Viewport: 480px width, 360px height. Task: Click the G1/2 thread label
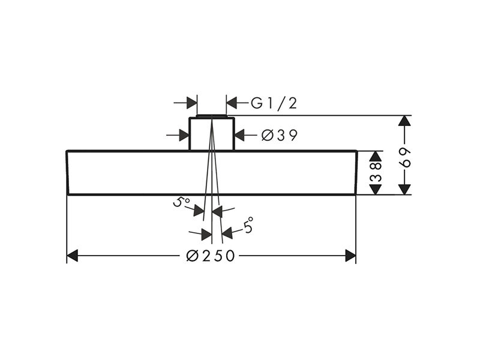coord(274,103)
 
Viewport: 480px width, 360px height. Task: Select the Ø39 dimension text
coord(279,136)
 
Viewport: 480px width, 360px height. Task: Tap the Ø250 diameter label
coord(211,256)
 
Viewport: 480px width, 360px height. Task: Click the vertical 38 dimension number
coord(376,172)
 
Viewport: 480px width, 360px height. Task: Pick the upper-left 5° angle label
coord(181,202)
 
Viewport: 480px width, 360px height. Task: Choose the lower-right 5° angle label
coord(248,225)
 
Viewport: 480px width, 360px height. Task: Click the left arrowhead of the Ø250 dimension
coord(72,256)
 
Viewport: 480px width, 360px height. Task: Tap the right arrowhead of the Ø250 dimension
coord(350,256)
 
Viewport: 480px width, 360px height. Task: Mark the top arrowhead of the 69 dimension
coord(404,121)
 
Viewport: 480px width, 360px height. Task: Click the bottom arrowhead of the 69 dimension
coord(404,189)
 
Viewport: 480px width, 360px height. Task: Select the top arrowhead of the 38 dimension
coord(376,156)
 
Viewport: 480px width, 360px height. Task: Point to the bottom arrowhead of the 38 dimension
coord(376,189)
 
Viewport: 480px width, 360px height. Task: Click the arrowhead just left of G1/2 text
coord(232,103)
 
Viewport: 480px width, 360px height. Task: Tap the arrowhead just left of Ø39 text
coord(239,135)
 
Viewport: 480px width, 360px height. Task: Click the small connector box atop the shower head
coord(212,133)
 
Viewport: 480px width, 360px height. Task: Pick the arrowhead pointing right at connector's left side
coord(184,135)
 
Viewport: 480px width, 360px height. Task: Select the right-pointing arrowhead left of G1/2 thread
coord(191,103)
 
